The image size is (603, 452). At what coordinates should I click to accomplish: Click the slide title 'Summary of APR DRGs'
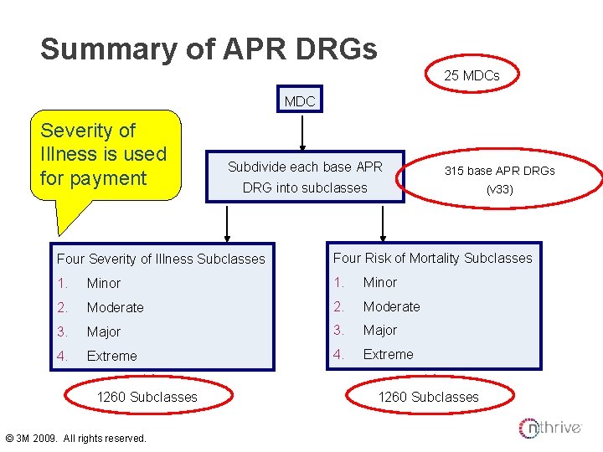209,49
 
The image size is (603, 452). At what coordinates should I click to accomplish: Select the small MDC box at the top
300,101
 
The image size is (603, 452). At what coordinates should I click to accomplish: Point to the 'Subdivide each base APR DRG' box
305,177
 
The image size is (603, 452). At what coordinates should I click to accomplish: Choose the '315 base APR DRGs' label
499,170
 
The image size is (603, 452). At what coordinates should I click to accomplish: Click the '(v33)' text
499,189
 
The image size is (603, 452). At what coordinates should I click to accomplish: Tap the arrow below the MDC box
301,133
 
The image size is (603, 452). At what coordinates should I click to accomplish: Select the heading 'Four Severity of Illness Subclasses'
160,259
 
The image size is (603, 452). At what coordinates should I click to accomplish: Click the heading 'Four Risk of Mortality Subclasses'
432,258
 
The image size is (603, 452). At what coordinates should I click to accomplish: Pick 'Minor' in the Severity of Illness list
104,284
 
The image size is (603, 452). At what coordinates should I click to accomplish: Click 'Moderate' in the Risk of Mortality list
391,306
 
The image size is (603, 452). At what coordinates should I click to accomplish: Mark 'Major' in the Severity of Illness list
104,331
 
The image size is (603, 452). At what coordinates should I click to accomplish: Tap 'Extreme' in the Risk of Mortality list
388,354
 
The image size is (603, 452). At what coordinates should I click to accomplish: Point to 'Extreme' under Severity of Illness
112,356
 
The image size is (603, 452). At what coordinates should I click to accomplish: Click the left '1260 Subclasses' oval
147,397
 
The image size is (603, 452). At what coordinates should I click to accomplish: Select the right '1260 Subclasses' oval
429,397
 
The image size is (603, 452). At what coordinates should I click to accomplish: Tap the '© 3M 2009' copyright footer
75,439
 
